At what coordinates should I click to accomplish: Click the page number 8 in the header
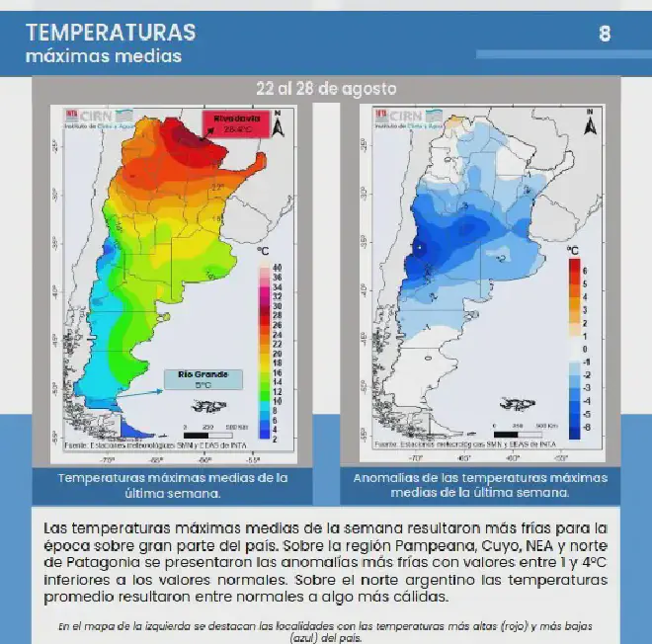pyautogui.click(x=605, y=35)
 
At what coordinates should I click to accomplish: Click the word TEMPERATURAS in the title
pyautogui.click(x=111, y=32)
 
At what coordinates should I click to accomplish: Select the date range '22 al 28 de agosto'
pyautogui.click(x=326, y=88)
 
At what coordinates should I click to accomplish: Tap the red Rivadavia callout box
pyautogui.click(x=236, y=123)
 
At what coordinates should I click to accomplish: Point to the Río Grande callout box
pyautogui.click(x=204, y=378)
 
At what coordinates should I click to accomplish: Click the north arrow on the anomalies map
pyautogui.click(x=590, y=124)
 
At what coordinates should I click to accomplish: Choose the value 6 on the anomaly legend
pyautogui.click(x=586, y=270)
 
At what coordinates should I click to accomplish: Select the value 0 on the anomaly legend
pyautogui.click(x=585, y=349)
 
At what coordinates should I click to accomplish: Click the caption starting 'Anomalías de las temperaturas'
pyautogui.click(x=466, y=485)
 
